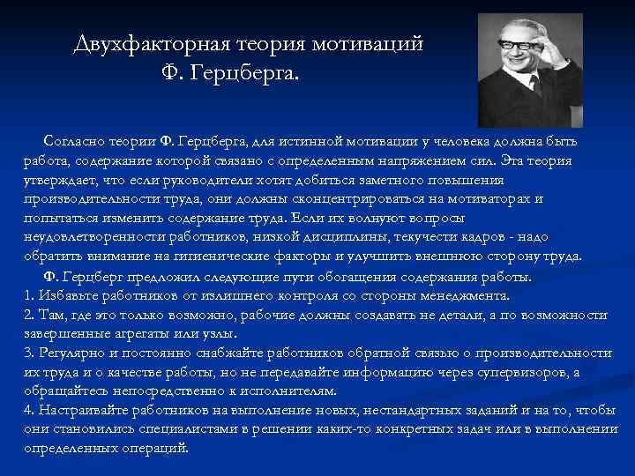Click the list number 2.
29,315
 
